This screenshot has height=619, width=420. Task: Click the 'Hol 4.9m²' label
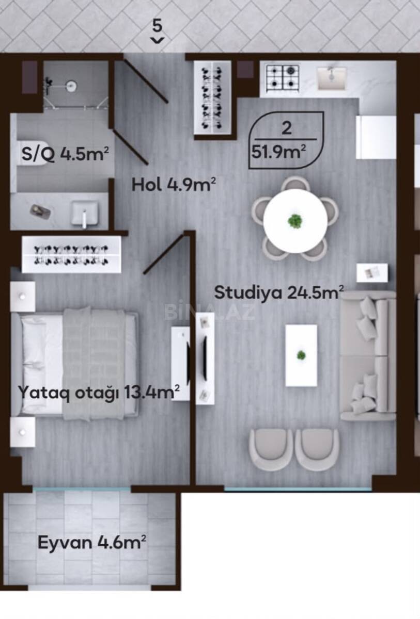174,185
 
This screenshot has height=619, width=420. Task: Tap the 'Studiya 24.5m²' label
279,292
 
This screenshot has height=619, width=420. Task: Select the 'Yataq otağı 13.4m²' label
99,392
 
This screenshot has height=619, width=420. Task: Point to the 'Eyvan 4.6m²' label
92,542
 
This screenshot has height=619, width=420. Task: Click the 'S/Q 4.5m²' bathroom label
65,154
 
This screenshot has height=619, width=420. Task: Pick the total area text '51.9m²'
278,152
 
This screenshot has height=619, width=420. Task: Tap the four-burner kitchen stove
283,78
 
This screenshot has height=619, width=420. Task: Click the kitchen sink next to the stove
332,78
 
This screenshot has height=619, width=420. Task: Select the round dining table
295,221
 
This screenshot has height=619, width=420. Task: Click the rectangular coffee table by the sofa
301,355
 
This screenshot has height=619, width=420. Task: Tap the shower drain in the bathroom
71,86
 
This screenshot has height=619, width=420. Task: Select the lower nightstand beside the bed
23,432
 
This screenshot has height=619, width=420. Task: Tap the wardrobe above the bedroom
71,254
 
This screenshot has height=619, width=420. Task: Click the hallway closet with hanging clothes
212,98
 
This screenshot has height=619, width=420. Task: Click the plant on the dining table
295,221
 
